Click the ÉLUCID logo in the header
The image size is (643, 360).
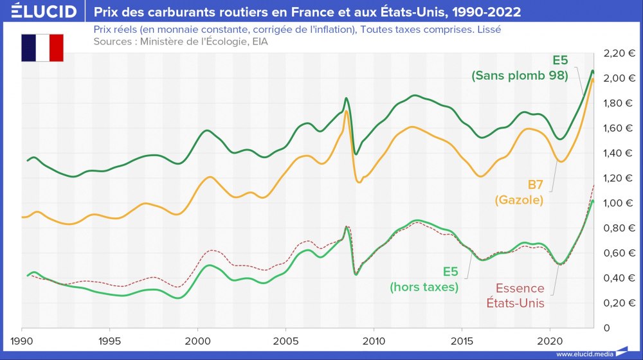tap(40, 11)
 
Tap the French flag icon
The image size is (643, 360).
tap(42, 48)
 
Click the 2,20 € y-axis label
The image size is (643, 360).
tap(620, 53)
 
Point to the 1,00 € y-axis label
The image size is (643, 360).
tap(620, 203)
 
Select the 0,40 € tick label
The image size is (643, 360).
tap(620, 278)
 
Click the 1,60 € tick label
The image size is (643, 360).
tap(620, 128)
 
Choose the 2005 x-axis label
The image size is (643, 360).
tap(286, 339)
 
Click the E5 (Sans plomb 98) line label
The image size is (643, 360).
tap(520, 68)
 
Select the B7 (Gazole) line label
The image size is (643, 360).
tap(520, 192)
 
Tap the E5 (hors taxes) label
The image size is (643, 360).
tap(424, 280)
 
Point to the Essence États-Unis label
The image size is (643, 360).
tap(514, 296)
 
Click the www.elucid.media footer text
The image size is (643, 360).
tap(584, 354)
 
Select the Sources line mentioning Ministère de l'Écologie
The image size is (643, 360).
tap(180, 41)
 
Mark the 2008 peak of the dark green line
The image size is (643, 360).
tap(346, 98)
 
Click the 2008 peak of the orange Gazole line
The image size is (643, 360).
tap(347, 111)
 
